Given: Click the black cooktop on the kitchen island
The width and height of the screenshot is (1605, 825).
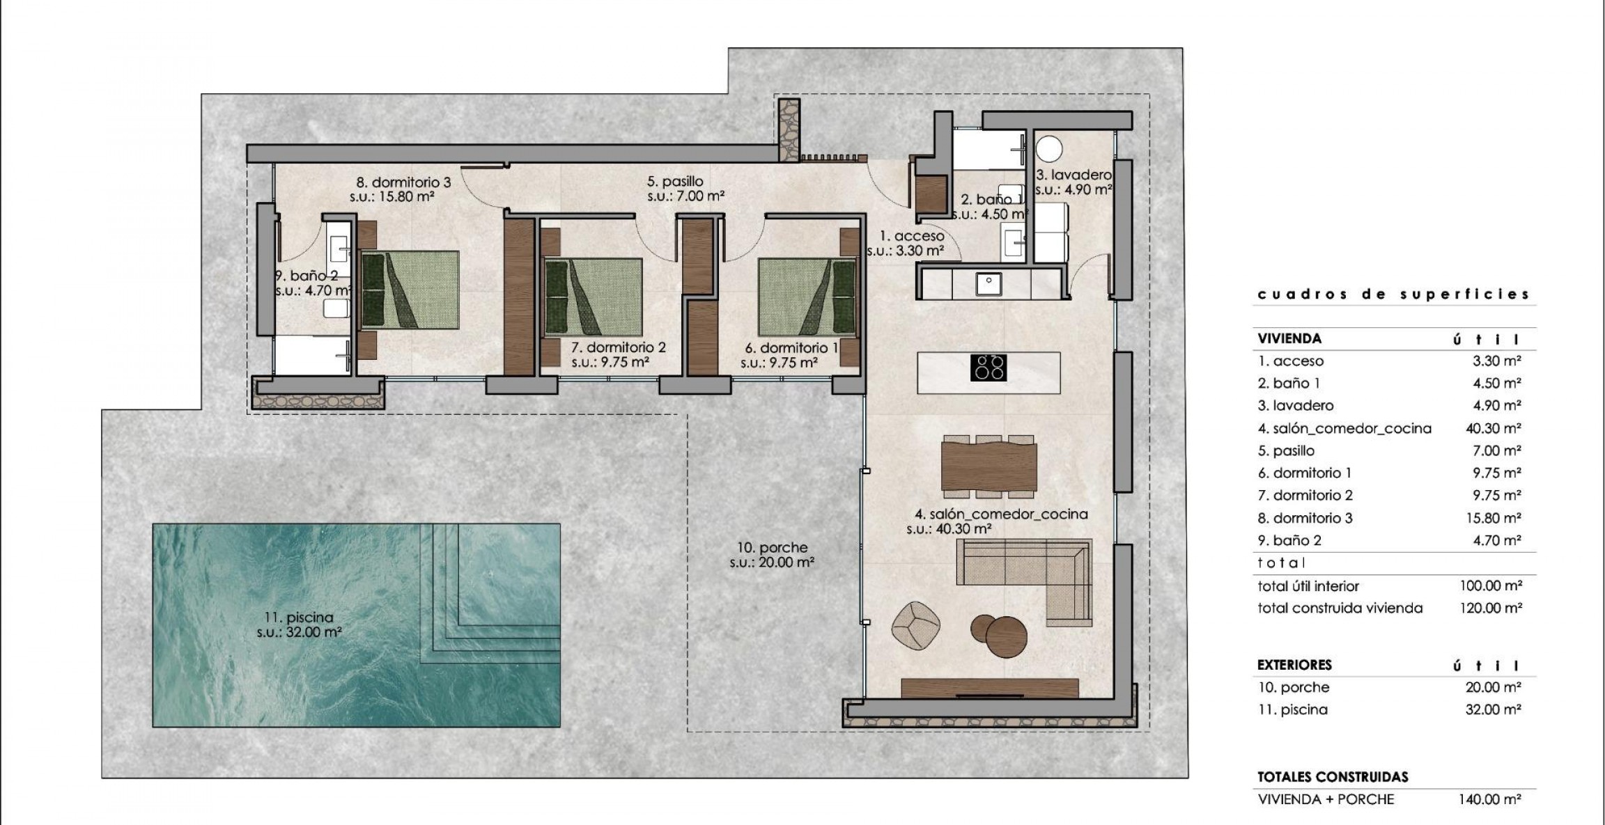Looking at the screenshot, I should pos(988,368).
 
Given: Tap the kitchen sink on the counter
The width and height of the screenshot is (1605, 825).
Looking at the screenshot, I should pos(988,284).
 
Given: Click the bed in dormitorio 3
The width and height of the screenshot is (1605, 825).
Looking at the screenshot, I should pos(410,290).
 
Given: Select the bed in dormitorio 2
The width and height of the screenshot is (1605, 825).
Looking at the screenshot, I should pos(593,296).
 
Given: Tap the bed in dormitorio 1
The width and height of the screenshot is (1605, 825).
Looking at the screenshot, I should pos(807,296).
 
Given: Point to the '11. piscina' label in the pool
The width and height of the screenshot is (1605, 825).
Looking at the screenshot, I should pos(299,617).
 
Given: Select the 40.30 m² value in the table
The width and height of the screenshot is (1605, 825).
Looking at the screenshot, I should pos(1493,428).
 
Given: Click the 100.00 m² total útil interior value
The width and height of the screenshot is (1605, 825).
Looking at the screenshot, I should pos(1490,586).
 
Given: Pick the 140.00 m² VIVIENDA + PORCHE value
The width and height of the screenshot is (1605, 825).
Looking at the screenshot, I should pos(1489,799).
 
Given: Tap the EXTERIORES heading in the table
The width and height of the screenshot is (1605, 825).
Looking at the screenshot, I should pos(1294,664).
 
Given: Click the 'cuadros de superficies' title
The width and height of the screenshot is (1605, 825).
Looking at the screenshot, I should pos(1393,294).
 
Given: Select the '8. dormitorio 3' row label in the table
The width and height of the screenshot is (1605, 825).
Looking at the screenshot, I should pos(1305,518).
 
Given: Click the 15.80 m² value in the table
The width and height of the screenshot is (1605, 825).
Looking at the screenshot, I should pos(1493,518).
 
